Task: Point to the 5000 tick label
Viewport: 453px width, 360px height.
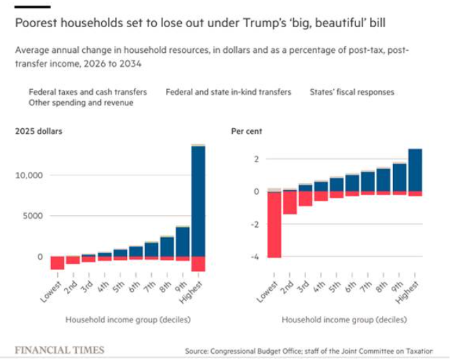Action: tap(32, 216)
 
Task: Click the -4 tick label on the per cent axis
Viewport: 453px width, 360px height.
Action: tap(256, 257)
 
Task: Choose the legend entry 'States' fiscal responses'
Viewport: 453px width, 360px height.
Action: tap(352, 91)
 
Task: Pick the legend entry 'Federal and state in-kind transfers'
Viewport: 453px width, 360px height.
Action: tap(228, 91)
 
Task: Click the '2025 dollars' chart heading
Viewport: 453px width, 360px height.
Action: tap(39, 131)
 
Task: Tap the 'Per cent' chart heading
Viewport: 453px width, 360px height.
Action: tap(246, 131)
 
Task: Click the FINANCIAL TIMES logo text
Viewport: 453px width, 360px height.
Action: tap(59, 350)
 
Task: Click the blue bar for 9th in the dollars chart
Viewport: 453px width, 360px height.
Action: tap(182, 241)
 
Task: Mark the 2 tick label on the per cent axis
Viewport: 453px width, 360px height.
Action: tap(256, 159)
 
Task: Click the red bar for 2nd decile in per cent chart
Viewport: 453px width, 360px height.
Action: tap(289, 203)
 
